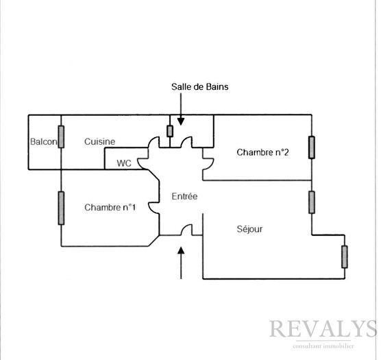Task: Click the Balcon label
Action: pyautogui.click(x=44, y=141)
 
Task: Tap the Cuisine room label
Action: pyautogui.click(x=99, y=141)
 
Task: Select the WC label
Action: pyautogui.click(x=124, y=163)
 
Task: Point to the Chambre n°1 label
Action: pyautogui.click(x=110, y=207)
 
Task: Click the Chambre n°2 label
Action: pyautogui.click(x=262, y=152)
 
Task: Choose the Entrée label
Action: pyautogui.click(x=184, y=196)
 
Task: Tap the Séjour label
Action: pyautogui.click(x=249, y=229)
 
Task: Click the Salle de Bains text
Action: pyautogui.click(x=199, y=87)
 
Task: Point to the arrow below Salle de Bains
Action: pyautogui.click(x=181, y=110)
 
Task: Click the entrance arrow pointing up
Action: pyautogui.click(x=181, y=263)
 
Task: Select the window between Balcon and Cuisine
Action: pyautogui.click(x=61, y=136)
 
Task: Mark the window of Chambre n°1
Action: pyautogui.click(x=61, y=208)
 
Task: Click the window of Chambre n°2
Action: pyautogui.click(x=312, y=147)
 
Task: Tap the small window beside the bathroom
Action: pyautogui.click(x=170, y=131)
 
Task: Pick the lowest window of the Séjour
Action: pyautogui.click(x=344, y=257)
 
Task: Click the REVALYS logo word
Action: pyautogui.click(x=323, y=328)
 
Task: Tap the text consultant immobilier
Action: pyautogui.click(x=323, y=346)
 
